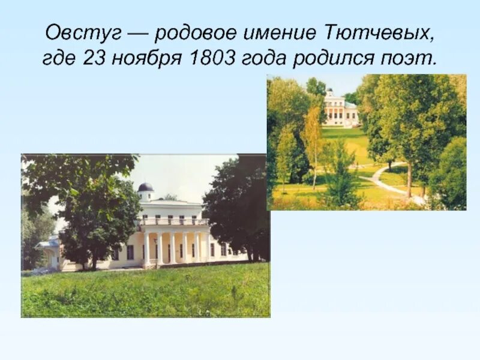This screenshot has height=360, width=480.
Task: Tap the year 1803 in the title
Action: pyautogui.click(x=214, y=59)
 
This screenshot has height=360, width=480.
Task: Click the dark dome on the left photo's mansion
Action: pyautogui.click(x=145, y=187)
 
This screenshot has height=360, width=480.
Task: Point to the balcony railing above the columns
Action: pyautogui.click(x=174, y=221)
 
